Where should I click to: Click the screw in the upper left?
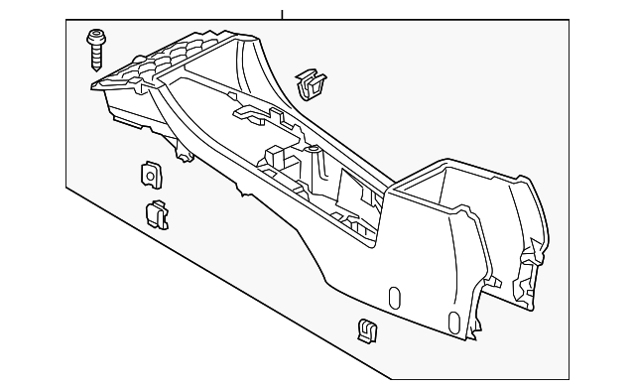click(x=97, y=50)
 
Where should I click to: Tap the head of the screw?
click(x=97, y=38)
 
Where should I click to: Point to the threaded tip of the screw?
click(x=97, y=65)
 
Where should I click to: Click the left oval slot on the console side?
click(x=393, y=299)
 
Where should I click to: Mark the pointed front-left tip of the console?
click(x=91, y=87)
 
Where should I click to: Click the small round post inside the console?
click(x=314, y=151)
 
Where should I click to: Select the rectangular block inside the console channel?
click(x=276, y=159)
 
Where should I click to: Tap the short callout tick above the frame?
click(x=282, y=14)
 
